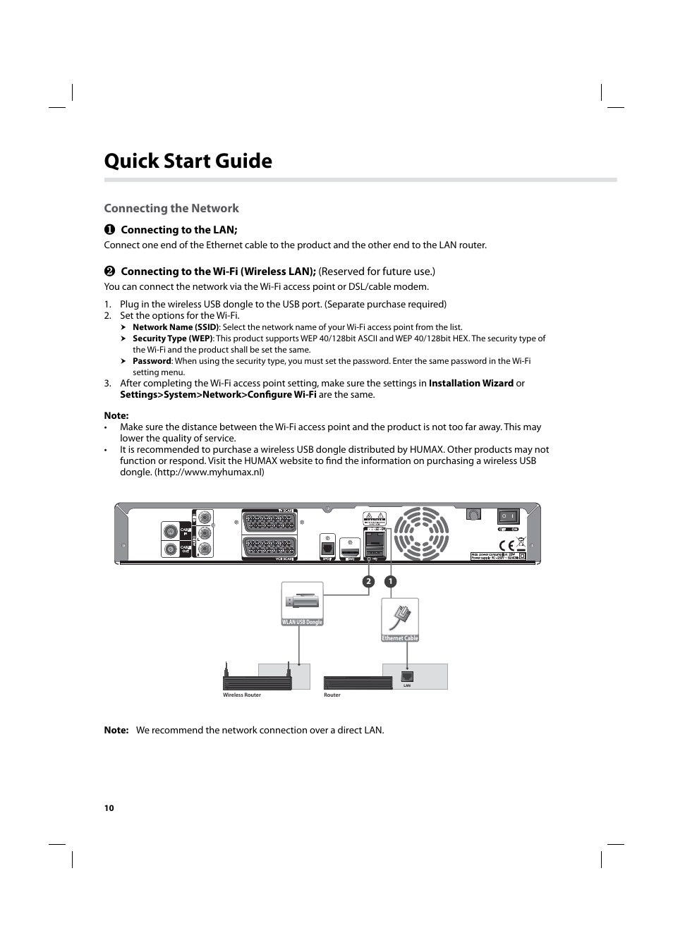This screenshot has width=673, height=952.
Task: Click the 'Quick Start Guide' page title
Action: [x=188, y=161]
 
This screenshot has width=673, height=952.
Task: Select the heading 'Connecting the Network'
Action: [x=171, y=208]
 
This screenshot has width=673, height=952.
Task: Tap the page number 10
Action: [x=109, y=808]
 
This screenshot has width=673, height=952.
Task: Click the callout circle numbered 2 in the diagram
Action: [x=368, y=582]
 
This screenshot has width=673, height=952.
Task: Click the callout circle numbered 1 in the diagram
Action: [x=390, y=582]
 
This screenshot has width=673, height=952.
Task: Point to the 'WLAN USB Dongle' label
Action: [x=302, y=622]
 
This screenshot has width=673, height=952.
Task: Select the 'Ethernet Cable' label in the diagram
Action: [x=400, y=638]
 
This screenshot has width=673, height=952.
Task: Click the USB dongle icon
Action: [x=302, y=601]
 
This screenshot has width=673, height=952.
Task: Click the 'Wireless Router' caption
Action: [x=242, y=695]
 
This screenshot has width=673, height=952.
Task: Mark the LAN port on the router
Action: [x=407, y=677]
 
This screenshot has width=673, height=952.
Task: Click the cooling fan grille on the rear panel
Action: [x=421, y=533]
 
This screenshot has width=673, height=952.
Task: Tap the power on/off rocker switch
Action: [x=508, y=516]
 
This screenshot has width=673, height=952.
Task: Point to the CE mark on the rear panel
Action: [x=507, y=545]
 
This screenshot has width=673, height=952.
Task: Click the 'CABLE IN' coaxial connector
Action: [x=170, y=531]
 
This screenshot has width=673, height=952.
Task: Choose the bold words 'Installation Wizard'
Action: [x=471, y=384]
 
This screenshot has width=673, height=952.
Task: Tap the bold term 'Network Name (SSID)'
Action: [x=175, y=327]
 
